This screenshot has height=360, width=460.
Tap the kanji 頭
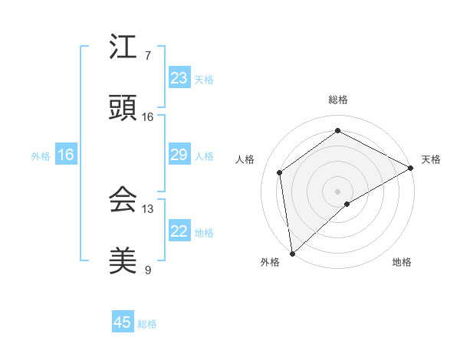123,109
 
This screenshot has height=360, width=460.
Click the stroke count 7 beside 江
147,56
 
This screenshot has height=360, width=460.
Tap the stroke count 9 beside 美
147,270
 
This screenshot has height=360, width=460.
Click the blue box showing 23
179,78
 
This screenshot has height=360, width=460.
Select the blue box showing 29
179,155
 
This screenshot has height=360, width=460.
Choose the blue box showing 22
179,231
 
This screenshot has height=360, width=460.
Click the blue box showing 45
123,322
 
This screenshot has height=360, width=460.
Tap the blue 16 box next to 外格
66,155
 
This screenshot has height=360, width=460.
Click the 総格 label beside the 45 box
148,324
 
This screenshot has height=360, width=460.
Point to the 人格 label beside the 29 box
204,156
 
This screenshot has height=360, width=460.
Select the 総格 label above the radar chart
338,100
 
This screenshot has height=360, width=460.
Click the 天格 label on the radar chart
431,159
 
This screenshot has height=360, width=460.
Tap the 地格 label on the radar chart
402,262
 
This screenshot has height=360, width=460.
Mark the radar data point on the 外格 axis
292,254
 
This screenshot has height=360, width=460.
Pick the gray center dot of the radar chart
338,191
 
